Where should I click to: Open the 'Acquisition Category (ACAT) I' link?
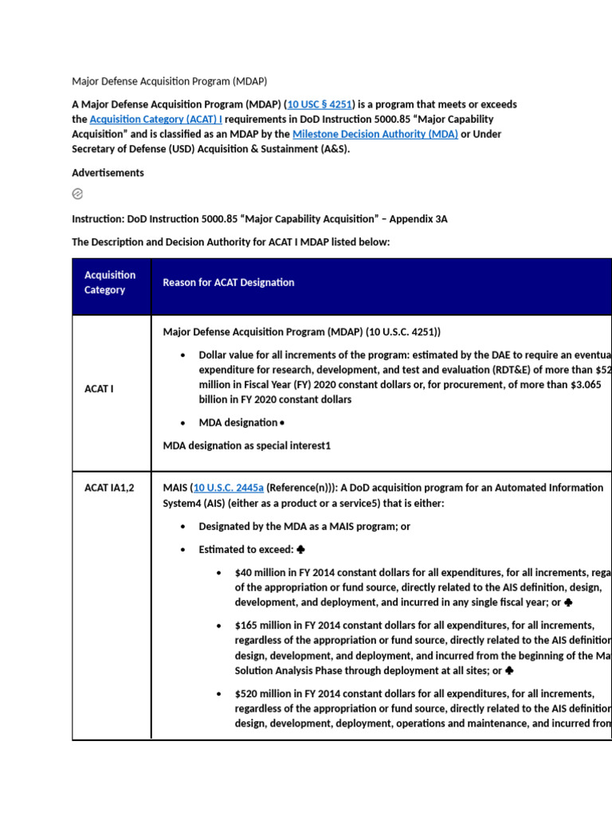point(156,120)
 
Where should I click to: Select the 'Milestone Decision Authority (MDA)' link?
point(375,134)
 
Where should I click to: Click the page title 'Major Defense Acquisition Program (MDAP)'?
point(169,81)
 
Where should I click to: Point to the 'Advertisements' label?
point(108,173)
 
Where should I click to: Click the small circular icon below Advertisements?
point(77,194)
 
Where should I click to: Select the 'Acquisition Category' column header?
point(110,282)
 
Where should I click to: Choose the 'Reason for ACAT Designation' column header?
point(228,282)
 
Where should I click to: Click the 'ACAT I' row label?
point(99,389)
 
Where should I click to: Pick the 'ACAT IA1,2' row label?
point(109,488)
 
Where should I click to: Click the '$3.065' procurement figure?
point(583,385)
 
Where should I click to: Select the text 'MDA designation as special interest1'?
point(246,445)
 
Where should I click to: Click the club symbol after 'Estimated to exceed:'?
point(300,550)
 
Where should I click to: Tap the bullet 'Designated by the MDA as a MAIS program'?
point(304,527)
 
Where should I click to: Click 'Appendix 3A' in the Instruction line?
point(418,218)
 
